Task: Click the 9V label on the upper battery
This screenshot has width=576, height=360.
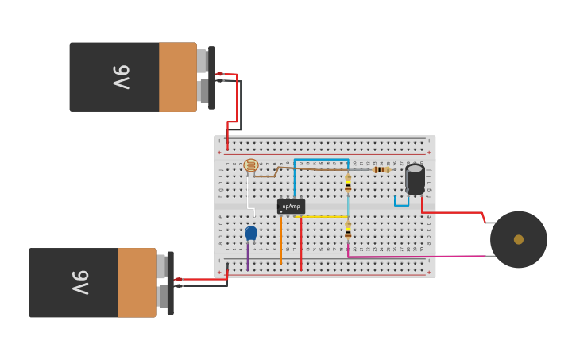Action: click(121, 77)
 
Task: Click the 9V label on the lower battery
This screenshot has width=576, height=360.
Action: click(80, 282)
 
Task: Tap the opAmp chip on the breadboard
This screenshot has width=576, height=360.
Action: click(291, 207)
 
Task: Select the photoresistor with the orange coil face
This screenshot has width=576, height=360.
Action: click(251, 165)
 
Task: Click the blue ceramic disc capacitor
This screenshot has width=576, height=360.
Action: click(251, 233)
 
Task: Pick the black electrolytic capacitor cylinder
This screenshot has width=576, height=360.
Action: click(415, 179)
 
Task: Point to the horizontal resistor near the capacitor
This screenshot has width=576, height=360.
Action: click(381, 169)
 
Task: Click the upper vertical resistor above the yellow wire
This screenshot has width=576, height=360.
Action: click(348, 184)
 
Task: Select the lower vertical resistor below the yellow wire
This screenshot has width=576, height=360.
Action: click(348, 230)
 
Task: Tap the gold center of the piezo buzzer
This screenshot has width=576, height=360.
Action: click(519, 239)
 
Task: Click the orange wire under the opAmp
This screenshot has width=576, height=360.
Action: click(280, 242)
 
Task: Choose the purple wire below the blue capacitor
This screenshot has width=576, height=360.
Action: click(247, 256)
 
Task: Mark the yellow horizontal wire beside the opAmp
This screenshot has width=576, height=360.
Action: click(326, 216)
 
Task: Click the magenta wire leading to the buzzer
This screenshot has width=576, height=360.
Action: click(421, 256)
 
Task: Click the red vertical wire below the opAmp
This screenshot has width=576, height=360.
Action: click(301, 246)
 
